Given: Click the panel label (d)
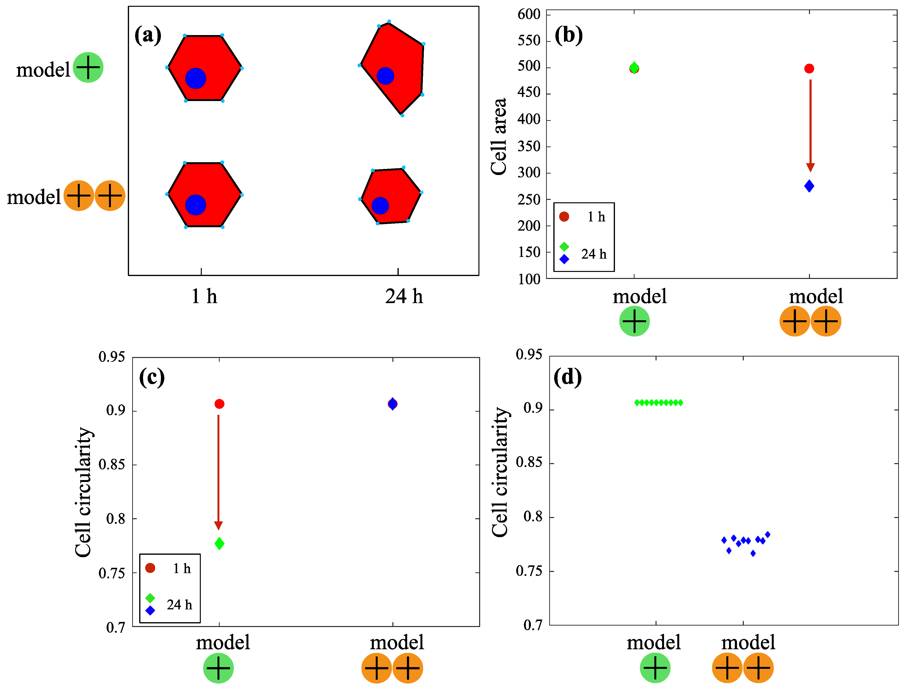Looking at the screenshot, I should pos(567,377).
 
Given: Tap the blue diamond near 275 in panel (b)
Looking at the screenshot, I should pos(809,186).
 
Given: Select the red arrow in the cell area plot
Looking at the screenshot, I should pos(810,124).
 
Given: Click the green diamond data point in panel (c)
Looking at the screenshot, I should pos(219,544).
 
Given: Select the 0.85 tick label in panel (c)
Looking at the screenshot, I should pos(111,465).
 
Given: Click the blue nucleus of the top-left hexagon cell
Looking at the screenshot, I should pos(195,78).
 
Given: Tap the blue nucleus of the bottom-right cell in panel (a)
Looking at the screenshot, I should pos(380,205).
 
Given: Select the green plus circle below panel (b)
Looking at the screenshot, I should pos(634,321).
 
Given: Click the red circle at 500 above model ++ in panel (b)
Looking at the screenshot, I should pos(809,68).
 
